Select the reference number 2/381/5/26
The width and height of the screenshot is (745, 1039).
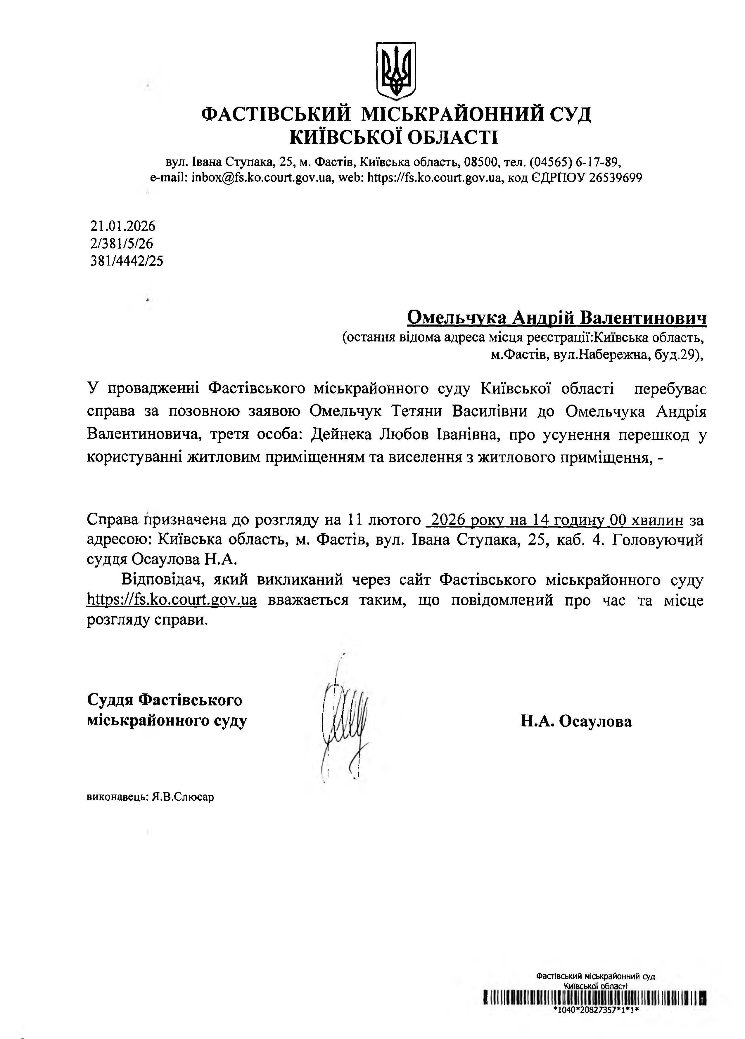click(x=122, y=243)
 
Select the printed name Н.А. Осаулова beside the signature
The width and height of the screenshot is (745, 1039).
click(x=576, y=721)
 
